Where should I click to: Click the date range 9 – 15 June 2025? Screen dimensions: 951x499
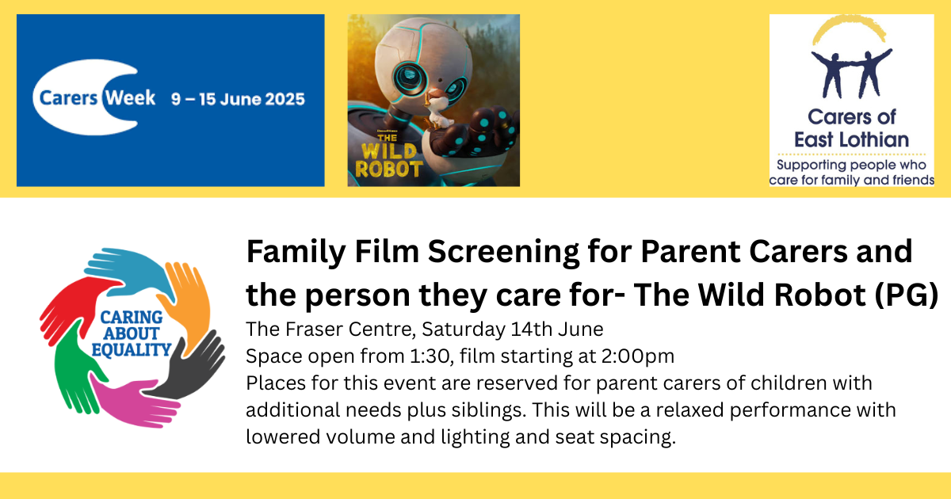click(x=239, y=99)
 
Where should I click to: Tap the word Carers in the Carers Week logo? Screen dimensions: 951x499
click(x=68, y=98)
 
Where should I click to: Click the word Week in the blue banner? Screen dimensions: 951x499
click(x=130, y=98)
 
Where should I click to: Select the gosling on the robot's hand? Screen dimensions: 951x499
click(x=438, y=109)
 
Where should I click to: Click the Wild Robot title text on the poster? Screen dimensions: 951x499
click(x=388, y=156)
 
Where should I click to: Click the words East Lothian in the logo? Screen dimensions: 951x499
click(x=851, y=139)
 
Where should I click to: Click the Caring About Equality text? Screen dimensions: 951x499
click(x=132, y=334)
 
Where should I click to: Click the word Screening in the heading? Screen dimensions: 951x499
click(x=503, y=252)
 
